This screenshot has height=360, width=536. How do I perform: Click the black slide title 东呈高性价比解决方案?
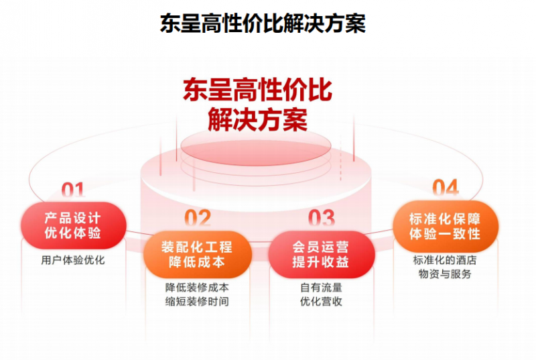pyautogui.click(x=263, y=23)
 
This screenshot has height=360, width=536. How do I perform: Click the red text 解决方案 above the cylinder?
pyautogui.click(x=258, y=119)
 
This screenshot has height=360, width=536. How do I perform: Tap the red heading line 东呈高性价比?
pyautogui.click(x=257, y=90)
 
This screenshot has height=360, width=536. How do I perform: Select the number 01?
pyautogui.click(x=73, y=190)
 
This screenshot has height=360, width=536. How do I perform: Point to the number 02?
pyautogui.click(x=198, y=218)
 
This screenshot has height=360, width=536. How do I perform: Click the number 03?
pyautogui.click(x=322, y=218)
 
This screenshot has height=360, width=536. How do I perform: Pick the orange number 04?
pyautogui.click(x=446, y=188)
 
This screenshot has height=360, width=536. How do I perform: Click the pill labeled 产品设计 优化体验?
pyautogui.click(x=74, y=225)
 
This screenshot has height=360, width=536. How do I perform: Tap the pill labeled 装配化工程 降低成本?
pyautogui.click(x=197, y=254)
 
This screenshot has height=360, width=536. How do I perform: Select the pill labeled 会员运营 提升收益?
pyautogui.click(x=322, y=254)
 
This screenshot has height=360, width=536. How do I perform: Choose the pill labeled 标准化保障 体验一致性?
pyautogui.click(x=446, y=227)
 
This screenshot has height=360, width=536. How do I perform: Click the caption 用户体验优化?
pyautogui.click(x=73, y=260)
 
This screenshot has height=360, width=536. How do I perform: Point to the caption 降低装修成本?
pyautogui.click(x=197, y=288)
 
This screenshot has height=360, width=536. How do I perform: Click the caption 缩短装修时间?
pyautogui.click(x=197, y=302)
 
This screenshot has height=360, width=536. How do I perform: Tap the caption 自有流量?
pyautogui.click(x=322, y=288)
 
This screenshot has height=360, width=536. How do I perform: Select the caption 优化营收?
pyautogui.click(x=322, y=302)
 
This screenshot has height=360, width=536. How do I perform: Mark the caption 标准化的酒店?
pyautogui.click(x=445, y=260)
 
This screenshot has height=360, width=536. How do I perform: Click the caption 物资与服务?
pyautogui.click(x=445, y=274)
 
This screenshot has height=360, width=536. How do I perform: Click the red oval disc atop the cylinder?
pyautogui.click(x=256, y=146)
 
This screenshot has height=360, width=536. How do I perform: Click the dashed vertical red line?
pyautogui.click(x=340, y=158)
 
